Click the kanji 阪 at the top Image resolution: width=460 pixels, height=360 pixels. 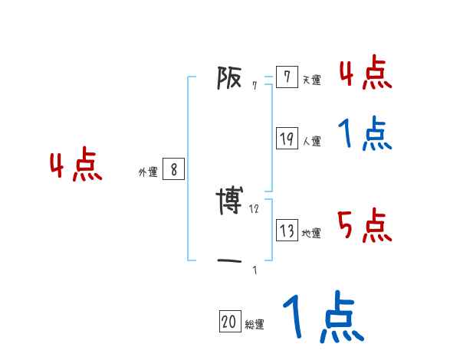(x=230, y=77)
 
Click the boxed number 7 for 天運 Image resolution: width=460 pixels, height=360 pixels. (x=286, y=77)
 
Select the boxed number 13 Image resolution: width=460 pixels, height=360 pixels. (x=287, y=231)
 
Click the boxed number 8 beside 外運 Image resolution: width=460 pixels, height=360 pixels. (x=173, y=170)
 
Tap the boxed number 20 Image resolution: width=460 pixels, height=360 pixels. (x=230, y=322)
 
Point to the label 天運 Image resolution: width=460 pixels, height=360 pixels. (x=311, y=80)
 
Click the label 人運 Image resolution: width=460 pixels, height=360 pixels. (x=311, y=141)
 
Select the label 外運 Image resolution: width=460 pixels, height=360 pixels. (x=148, y=173)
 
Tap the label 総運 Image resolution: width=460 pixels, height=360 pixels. (x=255, y=325)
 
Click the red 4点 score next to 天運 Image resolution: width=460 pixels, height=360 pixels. (x=364, y=72)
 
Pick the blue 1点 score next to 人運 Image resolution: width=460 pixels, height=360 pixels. (x=364, y=135)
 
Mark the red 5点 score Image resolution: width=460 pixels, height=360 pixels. (x=364, y=225)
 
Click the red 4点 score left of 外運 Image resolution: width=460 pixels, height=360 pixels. (x=76, y=167)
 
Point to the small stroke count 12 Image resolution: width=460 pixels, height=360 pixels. (x=255, y=209)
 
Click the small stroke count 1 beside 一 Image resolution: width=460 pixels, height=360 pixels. (x=255, y=270)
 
